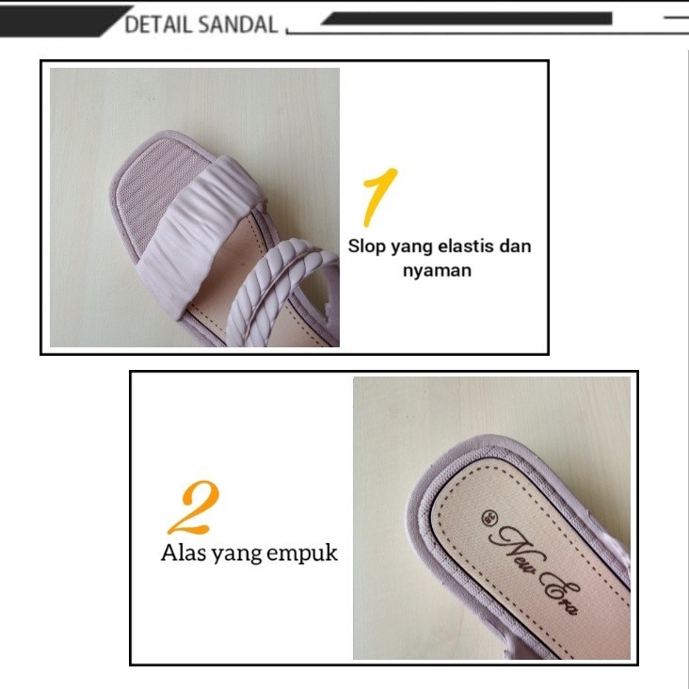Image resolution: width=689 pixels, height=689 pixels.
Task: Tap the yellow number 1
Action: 378,198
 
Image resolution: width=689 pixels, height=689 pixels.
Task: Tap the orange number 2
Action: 194,509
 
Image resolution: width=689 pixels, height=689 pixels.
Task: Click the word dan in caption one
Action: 515,247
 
